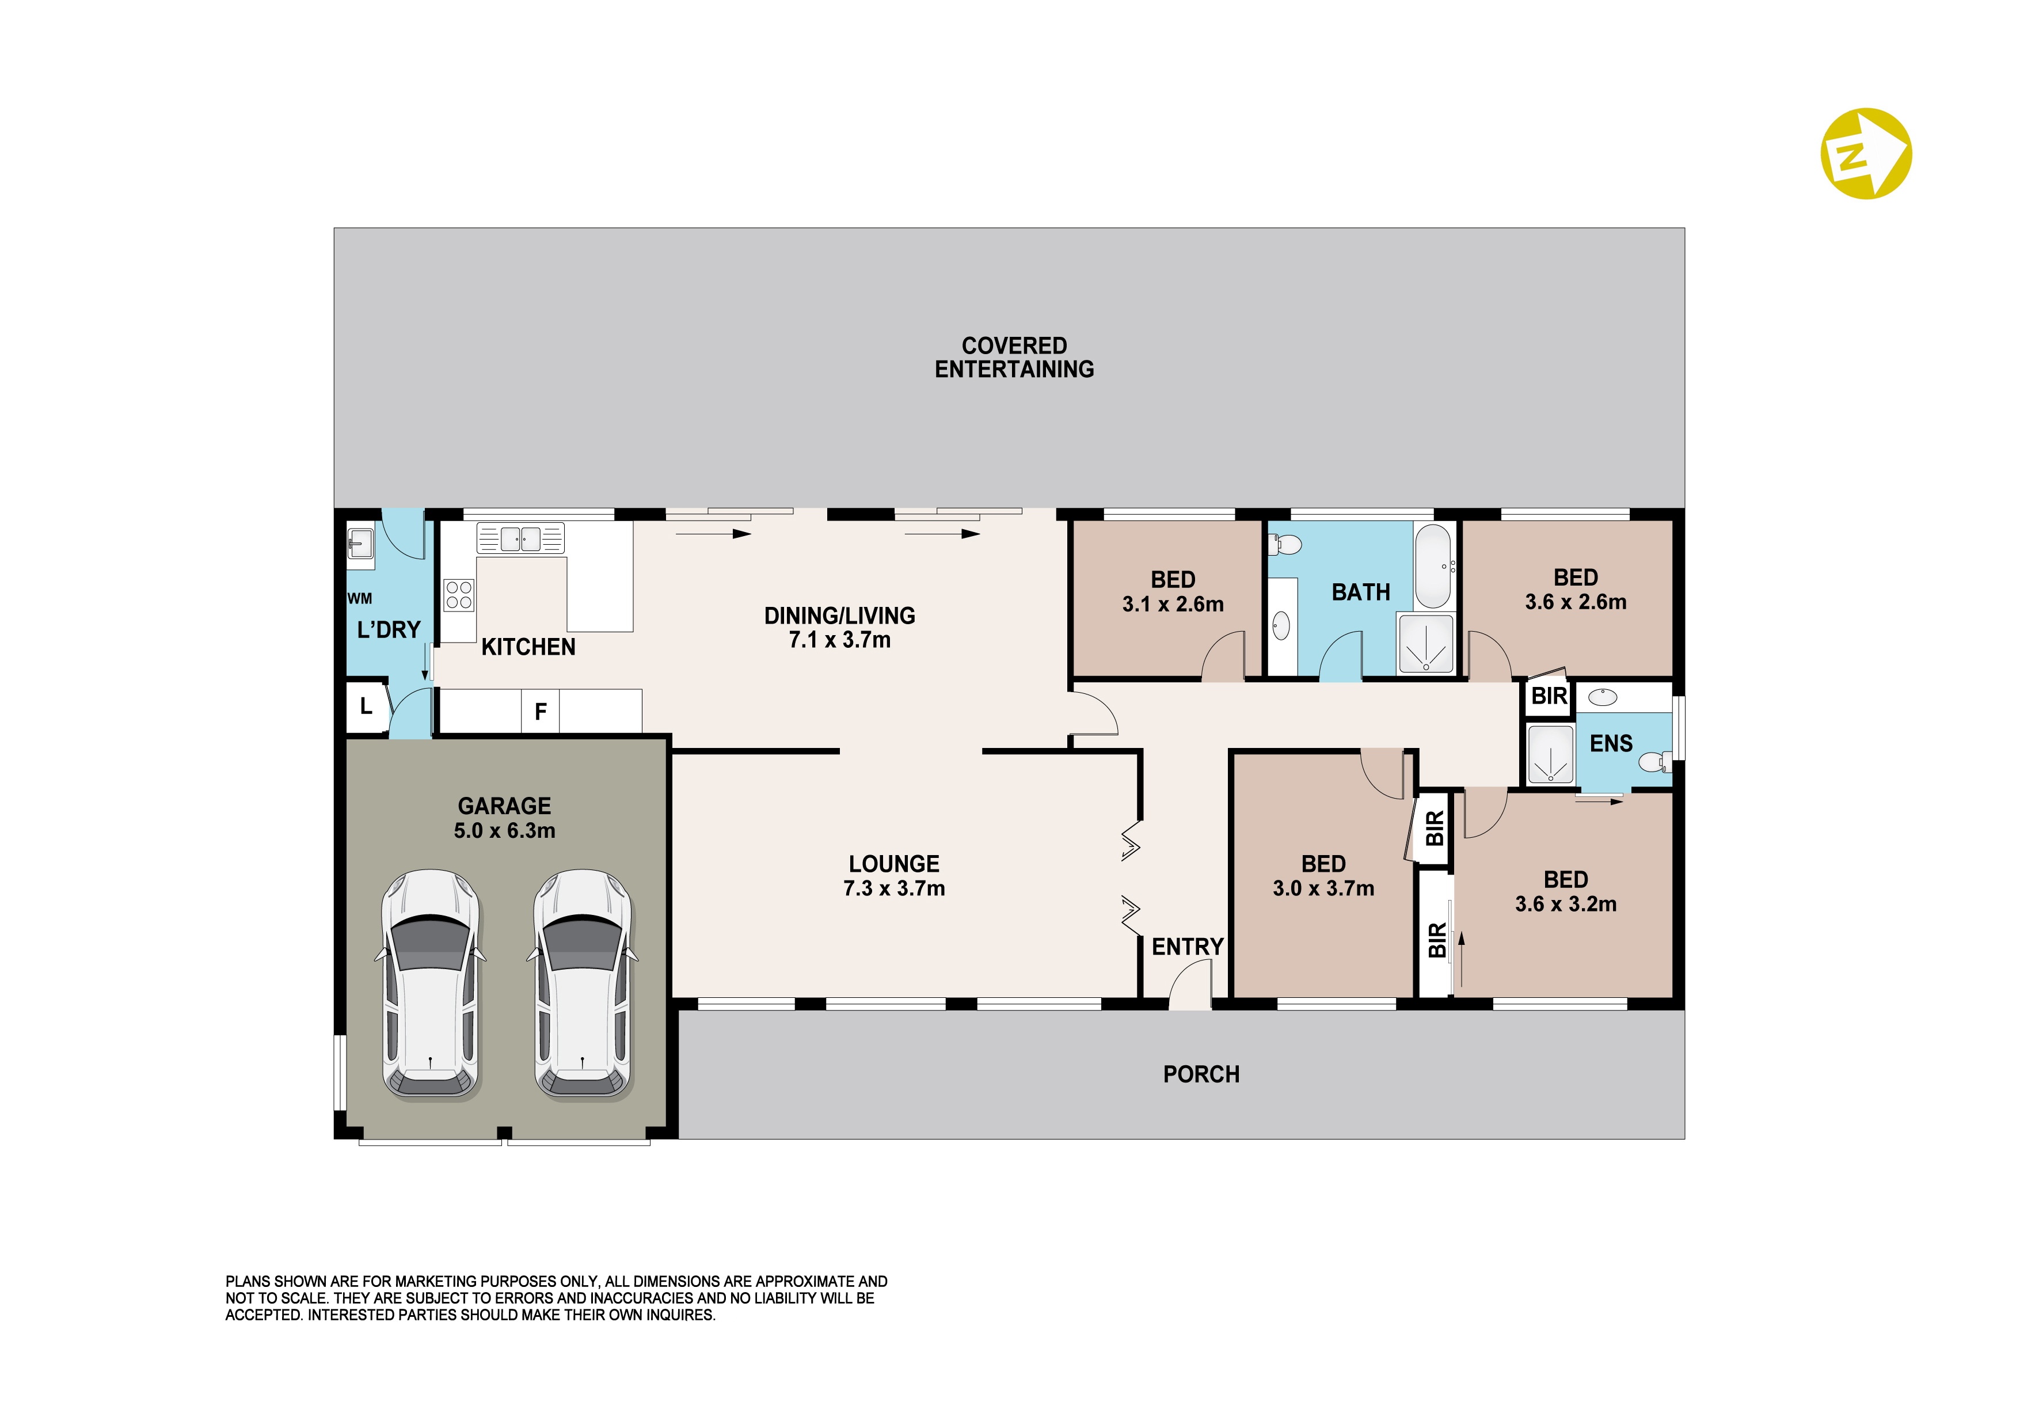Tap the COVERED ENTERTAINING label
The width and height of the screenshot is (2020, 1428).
tap(1014, 357)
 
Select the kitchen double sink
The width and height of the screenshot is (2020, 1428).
tap(520, 538)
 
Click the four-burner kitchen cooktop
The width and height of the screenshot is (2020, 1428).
tap(458, 595)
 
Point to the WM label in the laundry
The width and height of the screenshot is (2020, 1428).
tap(360, 598)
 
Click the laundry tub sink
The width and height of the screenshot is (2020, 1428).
tap(361, 544)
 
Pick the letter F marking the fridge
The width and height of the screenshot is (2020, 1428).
tap(541, 711)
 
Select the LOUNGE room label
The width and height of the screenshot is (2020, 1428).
tap(894, 864)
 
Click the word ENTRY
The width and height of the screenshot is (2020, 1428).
tap(1188, 947)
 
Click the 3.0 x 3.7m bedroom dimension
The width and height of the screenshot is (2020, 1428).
tap(1323, 888)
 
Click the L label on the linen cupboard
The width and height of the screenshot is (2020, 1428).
tap(366, 705)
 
